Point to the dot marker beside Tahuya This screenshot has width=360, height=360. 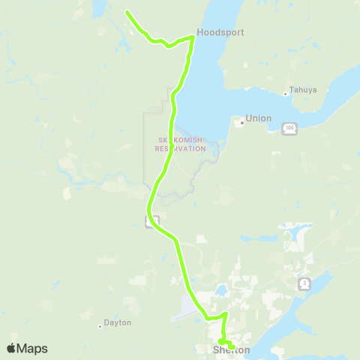tap(286, 94)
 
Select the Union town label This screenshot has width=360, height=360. tap(259, 118)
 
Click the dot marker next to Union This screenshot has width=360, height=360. tap(241, 121)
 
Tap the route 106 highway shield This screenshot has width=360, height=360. tap(289, 130)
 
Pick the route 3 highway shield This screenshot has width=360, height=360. tap(304, 283)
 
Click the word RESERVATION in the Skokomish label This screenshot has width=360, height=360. tap(180, 148)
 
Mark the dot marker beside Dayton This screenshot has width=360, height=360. tap(100, 325)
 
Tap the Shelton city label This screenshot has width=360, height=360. tap(231, 350)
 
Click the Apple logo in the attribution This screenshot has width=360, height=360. tap(12, 348)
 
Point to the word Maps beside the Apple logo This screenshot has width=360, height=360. tap(33, 349)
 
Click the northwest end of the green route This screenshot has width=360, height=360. tap(127, 13)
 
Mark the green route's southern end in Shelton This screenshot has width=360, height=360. tap(232, 347)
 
